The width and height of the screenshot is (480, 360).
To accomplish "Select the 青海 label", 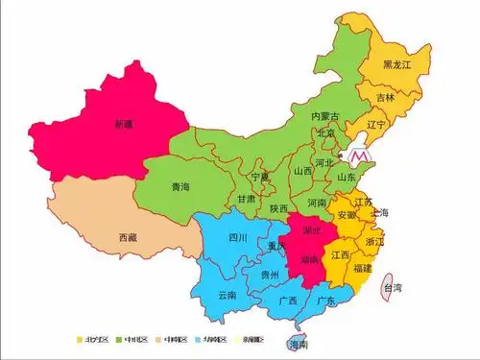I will point(180,187).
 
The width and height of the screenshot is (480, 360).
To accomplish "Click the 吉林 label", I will point(385,97).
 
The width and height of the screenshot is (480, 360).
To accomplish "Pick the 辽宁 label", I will point(375,125).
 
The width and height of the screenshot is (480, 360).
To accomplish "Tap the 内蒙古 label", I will point(324,116).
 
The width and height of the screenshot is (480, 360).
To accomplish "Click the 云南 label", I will point(228,294).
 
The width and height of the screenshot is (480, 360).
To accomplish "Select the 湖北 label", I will point(312,231).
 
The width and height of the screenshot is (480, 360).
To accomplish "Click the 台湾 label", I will point(393,287).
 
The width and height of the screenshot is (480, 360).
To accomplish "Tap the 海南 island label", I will point(300,343).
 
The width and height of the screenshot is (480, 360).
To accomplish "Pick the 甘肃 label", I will point(247,200).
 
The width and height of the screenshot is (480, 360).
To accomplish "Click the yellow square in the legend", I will point(81,339).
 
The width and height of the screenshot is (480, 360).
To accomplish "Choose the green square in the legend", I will point(119,339).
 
